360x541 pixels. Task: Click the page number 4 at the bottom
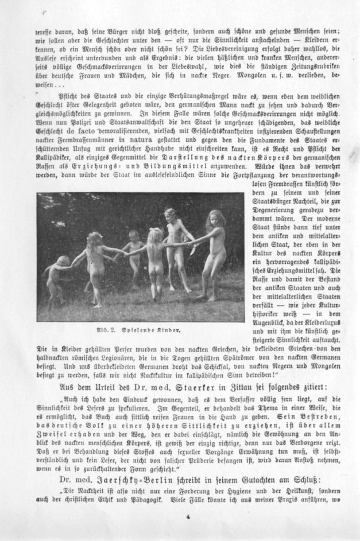pyautogui.click(x=187, y=516)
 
